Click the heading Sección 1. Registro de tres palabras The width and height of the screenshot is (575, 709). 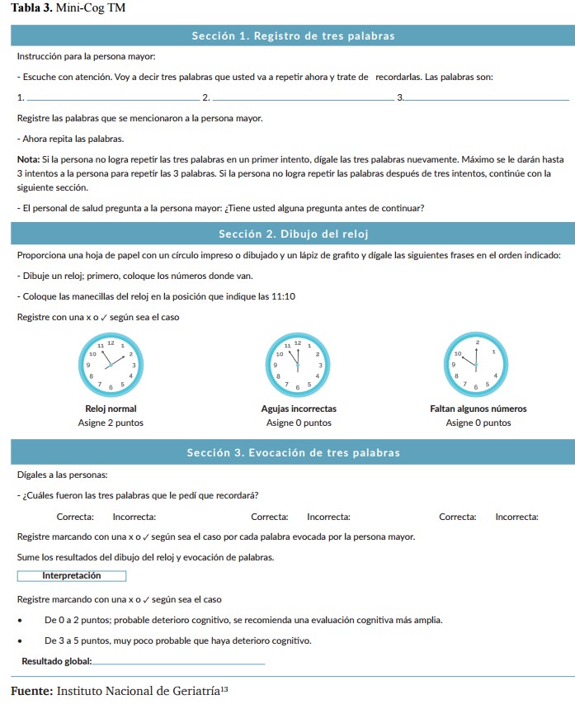pyautogui.click(x=293, y=36)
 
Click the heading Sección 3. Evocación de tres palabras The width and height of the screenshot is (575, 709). pyautogui.click(x=293, y=453)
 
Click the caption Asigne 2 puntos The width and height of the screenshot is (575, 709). pyautogui.click(x=111, y=423)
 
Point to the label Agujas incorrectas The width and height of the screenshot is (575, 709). pyautogui.click(x=299, y=409)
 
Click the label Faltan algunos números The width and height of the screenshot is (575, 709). pyautogui.click(x=478, y=409)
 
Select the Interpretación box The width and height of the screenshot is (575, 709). pyautogui.click(x=72, y=576)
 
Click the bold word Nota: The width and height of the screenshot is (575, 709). pyautogui.click(x=27, y=158)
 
